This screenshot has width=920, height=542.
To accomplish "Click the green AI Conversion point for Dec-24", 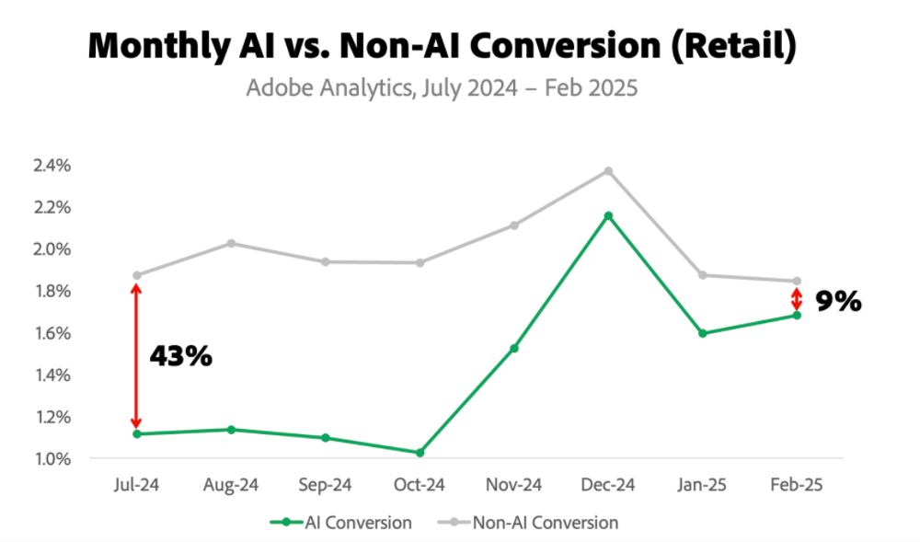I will pyautogui.click(x=608, y=216).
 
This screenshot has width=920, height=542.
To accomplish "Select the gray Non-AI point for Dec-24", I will pyautogui.click(x=608, y=171).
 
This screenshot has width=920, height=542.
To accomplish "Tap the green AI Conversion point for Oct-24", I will pyautogui.click(x=420, y=453).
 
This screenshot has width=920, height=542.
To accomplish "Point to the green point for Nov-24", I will pyautogui.click(x=514, y=348).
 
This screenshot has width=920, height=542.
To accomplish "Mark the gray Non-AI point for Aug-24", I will pyautogui.click(x=231, y=243).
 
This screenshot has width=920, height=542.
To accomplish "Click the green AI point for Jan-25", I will pyautogui.click(x=703, y=333).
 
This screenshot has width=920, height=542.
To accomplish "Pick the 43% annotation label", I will pyautogui.click(x=180, y=356).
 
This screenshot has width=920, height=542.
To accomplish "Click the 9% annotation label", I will pyautogui.click(x=837, y=301).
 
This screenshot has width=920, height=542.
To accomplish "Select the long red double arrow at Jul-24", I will pyautogui.click(x=136, y=355).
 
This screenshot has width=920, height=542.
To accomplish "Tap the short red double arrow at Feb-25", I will pyautogui.click(x=797, y=299).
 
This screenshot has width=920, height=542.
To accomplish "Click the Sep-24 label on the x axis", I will pyautogui.click(x=325, y=484).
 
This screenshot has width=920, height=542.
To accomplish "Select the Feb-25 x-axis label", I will pyautogui.click(x=797, y=484).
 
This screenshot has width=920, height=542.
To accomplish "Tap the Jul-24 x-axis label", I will pyautogui.click(x=136, y=484).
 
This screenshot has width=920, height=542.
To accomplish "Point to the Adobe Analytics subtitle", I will pyautogui.click(x=443, y=90).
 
